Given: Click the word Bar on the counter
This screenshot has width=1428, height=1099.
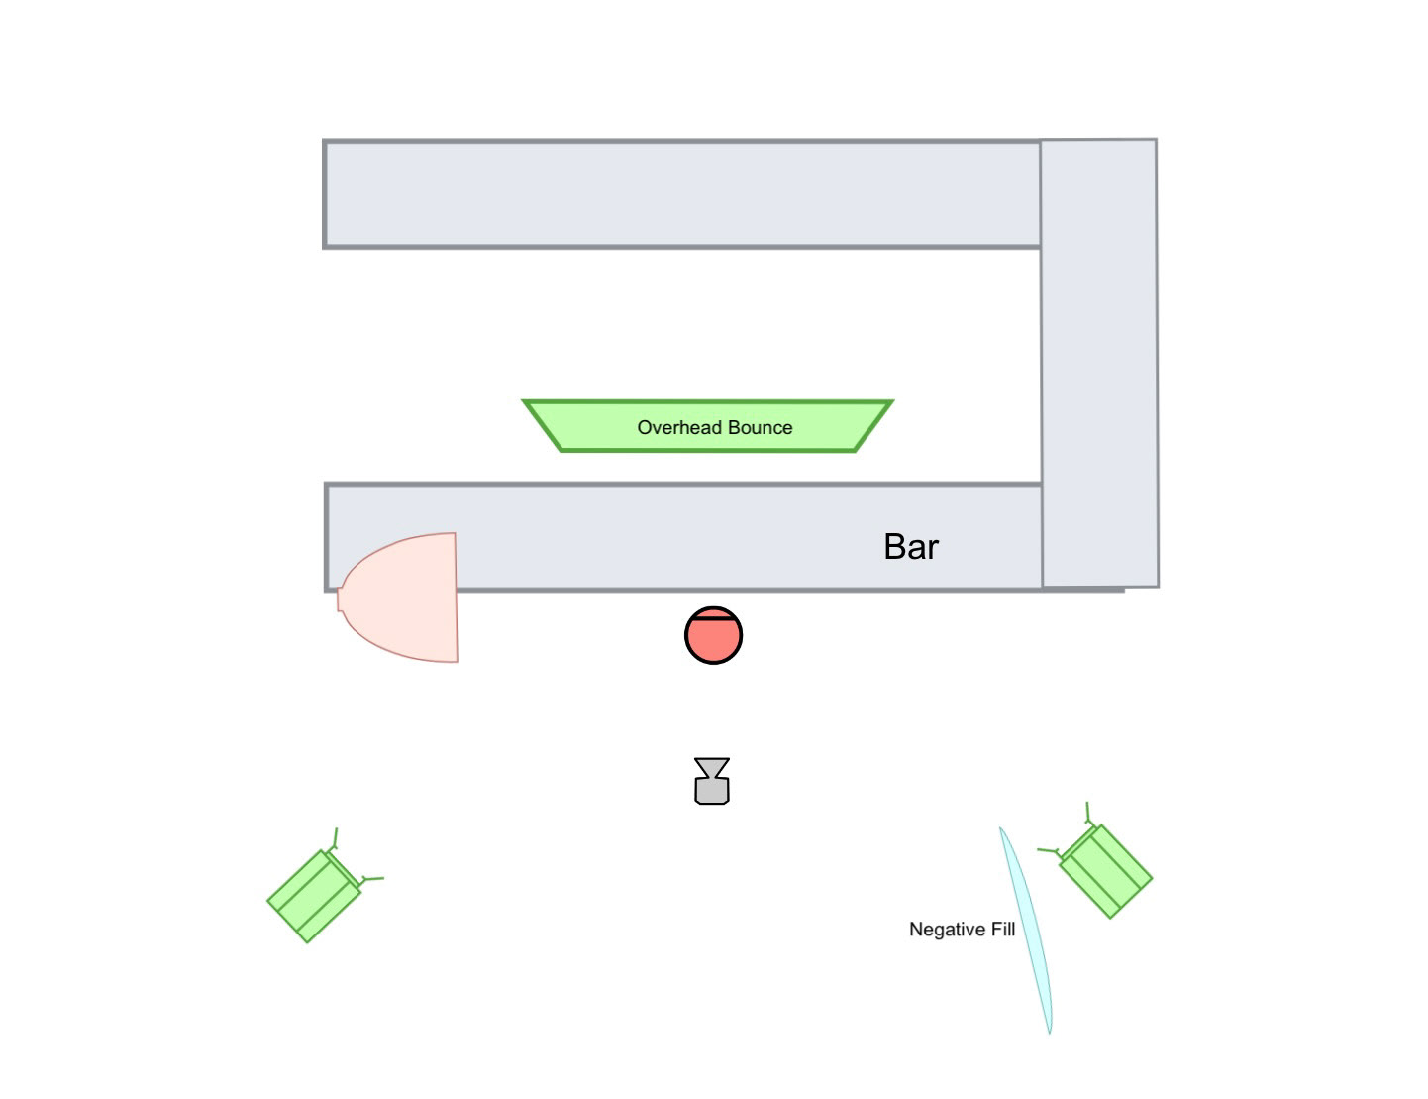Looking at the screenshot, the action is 910,547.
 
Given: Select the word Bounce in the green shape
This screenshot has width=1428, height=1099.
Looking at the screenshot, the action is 760,428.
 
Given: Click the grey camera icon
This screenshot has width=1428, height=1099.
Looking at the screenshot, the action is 712,781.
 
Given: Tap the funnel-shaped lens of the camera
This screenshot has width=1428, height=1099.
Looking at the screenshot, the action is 712,768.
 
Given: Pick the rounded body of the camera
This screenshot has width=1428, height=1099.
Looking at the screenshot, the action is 712,791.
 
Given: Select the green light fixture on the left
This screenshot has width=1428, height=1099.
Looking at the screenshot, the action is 315,895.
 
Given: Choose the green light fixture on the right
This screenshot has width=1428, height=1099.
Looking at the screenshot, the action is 1105,871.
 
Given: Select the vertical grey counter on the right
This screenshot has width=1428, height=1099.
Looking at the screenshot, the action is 1098,363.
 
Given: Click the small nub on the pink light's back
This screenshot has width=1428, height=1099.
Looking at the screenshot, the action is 340,600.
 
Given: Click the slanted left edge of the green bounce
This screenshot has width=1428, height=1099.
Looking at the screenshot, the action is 542,426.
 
